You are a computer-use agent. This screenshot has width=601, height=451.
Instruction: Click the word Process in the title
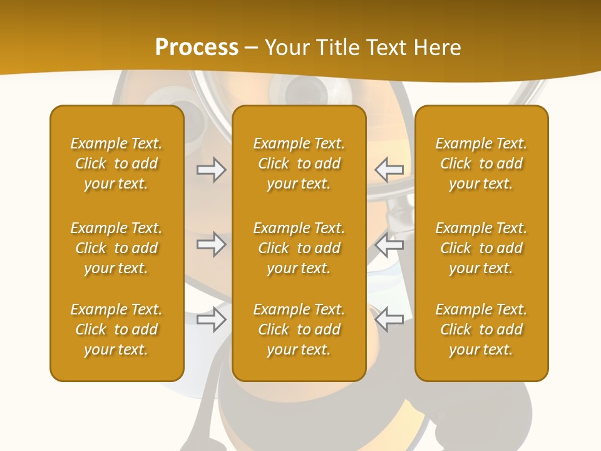[x=197, y=48]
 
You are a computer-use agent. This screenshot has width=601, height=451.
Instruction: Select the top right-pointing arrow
[x=212, y=170]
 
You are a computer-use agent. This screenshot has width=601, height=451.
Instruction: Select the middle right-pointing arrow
[x=212, y=244]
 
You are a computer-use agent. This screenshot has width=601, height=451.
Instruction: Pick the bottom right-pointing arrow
[x=212, y=319]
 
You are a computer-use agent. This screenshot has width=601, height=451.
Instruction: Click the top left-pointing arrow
[x=389, y=169]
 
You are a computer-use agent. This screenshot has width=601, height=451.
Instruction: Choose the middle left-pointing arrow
[x=389, y=244]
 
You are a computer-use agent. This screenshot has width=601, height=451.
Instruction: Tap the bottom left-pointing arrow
[x=389, y=319]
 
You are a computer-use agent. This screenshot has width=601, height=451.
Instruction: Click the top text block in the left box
[x=116, y=163]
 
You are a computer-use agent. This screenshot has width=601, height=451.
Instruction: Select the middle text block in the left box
[x=116, y=248]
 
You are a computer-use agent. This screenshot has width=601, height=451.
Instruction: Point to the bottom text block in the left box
[x=116, y=329]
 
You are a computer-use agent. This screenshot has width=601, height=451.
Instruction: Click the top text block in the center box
[x=299, y=163]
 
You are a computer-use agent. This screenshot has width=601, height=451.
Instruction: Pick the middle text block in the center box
[x=299, y=248]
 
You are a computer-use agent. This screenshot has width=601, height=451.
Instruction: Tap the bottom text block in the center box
[x=299, y=329]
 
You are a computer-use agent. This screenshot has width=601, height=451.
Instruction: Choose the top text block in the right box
[x=481, y=163]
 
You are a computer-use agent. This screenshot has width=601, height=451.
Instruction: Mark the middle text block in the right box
[x=481, y=248]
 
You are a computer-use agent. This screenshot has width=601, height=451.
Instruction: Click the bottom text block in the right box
[x=481, y=329]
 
